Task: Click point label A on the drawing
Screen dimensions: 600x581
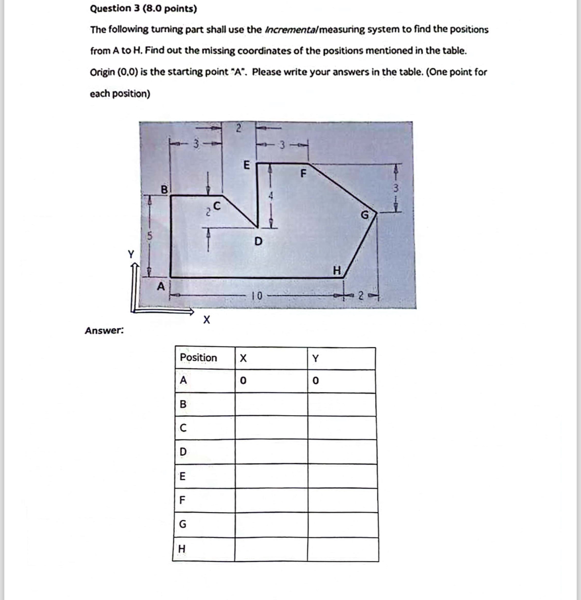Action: pos(161,286)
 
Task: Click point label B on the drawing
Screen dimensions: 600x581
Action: pos(164,190)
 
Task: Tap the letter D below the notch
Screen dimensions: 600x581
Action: pos(258,242)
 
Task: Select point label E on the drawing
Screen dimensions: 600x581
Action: pos(246,165)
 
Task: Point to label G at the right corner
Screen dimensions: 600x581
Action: pos(365,215)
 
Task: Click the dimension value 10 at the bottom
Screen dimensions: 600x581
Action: pos(256,296)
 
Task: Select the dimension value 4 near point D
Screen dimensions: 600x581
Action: pos(271,196)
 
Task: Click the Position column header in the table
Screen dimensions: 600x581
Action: pos(198,358)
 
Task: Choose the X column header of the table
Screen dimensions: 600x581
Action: pos(243,358)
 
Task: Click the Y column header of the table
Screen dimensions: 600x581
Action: pos(315,358)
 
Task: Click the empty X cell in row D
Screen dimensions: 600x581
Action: pos(271,452)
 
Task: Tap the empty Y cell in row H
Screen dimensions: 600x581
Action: pos(343,549)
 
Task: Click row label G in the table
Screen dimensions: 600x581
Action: pos(182,524)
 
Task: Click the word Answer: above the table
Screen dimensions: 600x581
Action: pos(104,330)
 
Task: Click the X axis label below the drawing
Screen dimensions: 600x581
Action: pos(206,320)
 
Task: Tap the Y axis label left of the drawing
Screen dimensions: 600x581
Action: pos(131,254)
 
